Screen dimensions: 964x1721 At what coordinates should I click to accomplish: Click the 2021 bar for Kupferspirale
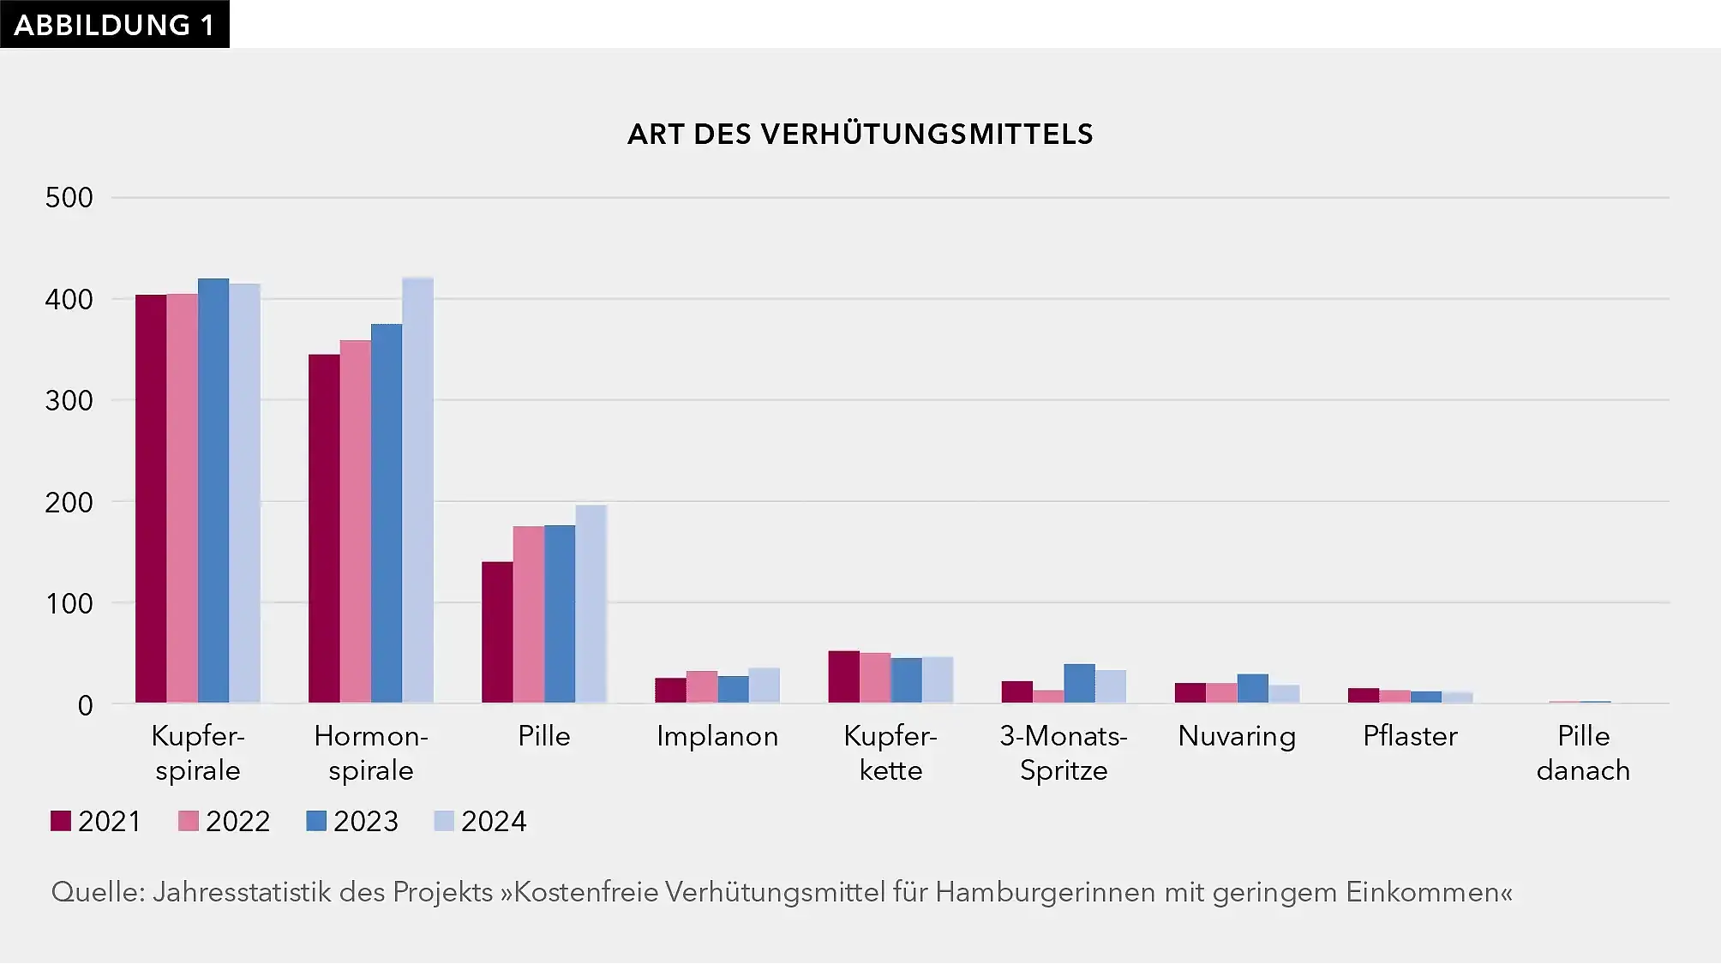point(151,499)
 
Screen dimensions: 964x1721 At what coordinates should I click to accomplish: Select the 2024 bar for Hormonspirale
point(417,490)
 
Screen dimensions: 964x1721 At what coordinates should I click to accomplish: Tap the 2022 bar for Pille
point(528,614)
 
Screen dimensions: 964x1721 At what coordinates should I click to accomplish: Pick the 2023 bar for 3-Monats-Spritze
point(1079,684)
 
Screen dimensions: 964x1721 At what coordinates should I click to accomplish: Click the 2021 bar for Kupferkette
point(843,677)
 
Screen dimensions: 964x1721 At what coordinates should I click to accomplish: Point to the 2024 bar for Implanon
point(764,686)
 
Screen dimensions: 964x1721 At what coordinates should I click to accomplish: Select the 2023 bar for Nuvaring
point(1252,689)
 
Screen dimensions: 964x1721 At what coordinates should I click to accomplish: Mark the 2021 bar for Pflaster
point(1363,696)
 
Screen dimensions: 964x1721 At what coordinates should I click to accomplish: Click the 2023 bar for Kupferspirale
point(213,490)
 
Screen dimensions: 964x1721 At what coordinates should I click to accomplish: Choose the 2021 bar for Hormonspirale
point(324,529)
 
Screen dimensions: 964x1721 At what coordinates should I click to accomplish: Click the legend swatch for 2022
point(189,821)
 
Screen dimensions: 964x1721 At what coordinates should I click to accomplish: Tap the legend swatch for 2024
point(444,821)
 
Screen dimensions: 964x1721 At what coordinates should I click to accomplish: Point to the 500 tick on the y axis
point(69,198)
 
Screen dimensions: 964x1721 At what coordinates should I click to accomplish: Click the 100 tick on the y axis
point(69,603)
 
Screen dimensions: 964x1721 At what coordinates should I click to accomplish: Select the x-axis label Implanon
point(717,736)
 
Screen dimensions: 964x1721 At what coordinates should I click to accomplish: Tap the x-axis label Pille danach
point(1583,753)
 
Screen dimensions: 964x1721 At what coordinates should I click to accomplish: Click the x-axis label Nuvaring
point(1237,736)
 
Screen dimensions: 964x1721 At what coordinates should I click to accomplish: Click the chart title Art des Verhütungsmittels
point(860,135)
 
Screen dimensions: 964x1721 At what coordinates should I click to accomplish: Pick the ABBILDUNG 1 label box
point(114,24)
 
